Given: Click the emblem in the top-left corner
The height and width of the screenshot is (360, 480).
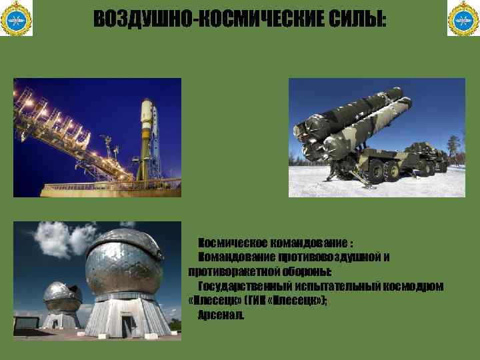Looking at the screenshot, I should [17, 19].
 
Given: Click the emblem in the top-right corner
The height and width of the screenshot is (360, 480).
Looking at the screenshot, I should [463, 19].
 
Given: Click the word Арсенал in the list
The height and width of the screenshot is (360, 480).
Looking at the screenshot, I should [221, 315].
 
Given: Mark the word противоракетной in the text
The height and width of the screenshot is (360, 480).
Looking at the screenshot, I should [227, 272].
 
